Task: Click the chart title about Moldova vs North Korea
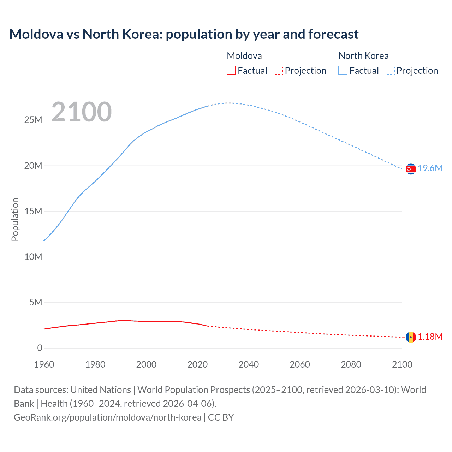(x=184, y=34)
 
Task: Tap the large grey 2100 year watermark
(x=82, y=112)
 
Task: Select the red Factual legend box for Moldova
(x=231, y=70)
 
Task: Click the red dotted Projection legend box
(x=278, y=70)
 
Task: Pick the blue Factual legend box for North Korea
(x=343, y=70)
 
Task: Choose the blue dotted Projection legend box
(x=390, y=70)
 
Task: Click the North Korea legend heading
(x=363, y=56)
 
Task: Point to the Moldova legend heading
(x=244, y=56)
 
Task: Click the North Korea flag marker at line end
(x=411, y=169)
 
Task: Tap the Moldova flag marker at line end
(x=411, y=337)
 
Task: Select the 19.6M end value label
(x=430, y=168)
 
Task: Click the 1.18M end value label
(x=430, y=337)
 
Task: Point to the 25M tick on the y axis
(x=33, y=120)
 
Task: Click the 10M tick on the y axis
(x=33, y=257)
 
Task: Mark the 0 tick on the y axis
(x=40, y=348)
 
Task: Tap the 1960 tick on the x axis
(x=44, y=364)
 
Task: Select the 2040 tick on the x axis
(x=249, y=364)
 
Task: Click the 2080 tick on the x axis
(x=351, y=364)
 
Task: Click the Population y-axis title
(x=15, y=219)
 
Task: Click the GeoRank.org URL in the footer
(x=108, y=417)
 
